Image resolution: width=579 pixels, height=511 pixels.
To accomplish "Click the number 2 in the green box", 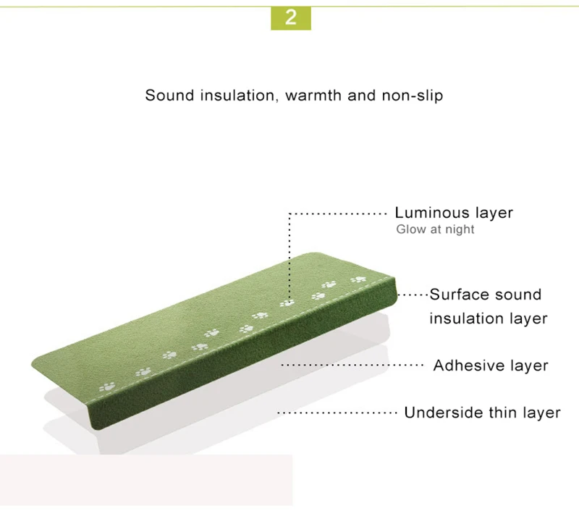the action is click(290, 17).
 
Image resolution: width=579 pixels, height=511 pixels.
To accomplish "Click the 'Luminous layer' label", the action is click(453, 213).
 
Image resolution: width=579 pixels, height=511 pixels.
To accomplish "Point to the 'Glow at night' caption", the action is click(435, 229).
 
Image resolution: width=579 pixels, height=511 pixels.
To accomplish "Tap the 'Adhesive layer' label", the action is click(490, 366).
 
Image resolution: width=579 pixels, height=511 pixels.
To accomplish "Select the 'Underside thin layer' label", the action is click(482, 413).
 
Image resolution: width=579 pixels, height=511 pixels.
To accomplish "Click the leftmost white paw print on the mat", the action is click(108, 387).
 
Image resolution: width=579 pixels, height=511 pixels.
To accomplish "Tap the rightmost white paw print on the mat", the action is click(357, 279).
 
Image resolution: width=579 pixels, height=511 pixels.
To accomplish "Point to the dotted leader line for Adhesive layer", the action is click(352, 366).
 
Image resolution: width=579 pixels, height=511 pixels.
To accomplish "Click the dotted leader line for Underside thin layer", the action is click(337, 413).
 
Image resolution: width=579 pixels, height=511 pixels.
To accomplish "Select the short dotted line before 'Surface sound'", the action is click(413, 295).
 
